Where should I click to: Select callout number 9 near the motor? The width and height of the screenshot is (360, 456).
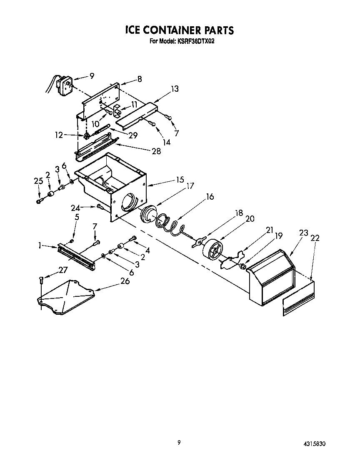pyautogui.click(x=92, y=76)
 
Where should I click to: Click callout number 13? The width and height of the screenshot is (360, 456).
pyautogui.click(x=175, y=88)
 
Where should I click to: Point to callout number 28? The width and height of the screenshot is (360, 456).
pyautogui.click(x=156, y=151)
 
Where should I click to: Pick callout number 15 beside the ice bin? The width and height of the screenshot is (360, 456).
pyautogui.click(x=180, y=180)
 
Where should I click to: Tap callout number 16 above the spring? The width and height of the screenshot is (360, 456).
pyautogui.click(x=210, y=196)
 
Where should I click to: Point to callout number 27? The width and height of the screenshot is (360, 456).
pyautogui.click(x=62, y=270)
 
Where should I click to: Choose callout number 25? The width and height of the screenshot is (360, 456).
pyautogui.click(x=38, y=180)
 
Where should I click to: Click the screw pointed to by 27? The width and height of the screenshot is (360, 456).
pyautogui.click(x=41, y=280)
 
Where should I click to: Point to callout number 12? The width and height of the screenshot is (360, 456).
pyautogui.click(x=59, y=135)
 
